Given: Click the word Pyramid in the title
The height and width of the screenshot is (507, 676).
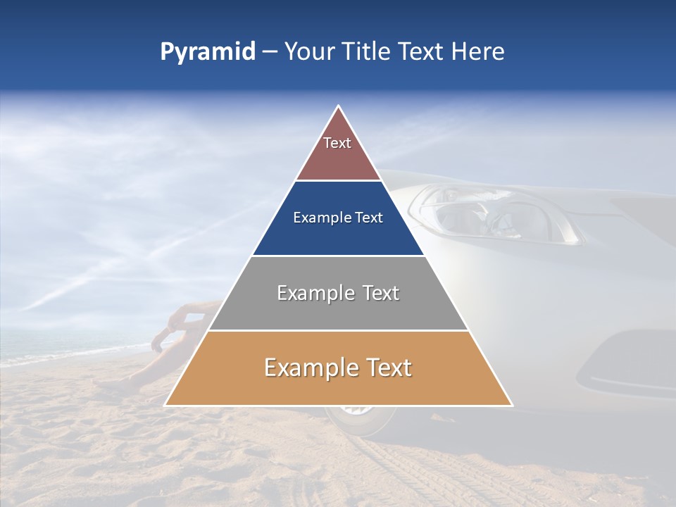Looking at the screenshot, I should pyautogui.click(x=207, y=52).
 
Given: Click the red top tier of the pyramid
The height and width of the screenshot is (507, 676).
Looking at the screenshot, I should pyautogui.click(x=338, y=158).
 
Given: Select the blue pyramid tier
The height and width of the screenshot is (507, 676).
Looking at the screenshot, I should pyautogui.click(x=338, y=236).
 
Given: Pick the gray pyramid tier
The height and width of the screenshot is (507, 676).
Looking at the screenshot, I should pyautogui.click(x=338, y=310).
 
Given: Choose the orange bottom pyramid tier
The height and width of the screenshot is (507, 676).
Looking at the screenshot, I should pyautogui.click(x=338, y=384).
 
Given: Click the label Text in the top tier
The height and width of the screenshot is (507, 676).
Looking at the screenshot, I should pyautogui.click(x=337, y=143).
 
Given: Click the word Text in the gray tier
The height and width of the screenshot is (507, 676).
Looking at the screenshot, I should pyautogui.click(x=376, y=293).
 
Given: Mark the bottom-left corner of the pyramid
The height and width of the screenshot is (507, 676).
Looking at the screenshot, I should pyautogui.click(x=165, y=406).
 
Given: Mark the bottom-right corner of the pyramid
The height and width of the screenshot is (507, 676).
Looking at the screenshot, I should pyautogui.click(x=513, y=406).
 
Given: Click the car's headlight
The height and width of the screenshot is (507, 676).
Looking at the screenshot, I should pyautogui.click(x=493, y=215).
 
